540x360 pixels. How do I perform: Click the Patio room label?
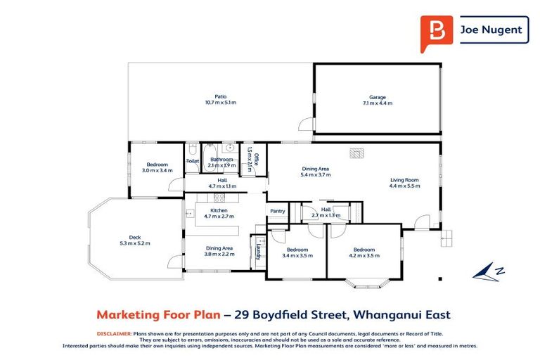coord(220,97)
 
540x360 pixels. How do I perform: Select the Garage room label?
coord(378,97)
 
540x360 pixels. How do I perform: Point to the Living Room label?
coord(405,180)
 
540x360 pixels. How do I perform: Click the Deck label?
coord(134,237)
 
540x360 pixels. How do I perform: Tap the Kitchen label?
coord(219,210)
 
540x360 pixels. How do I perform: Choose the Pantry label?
coord(277,211)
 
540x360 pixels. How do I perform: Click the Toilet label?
coord(193,161)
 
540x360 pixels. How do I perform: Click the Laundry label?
coord(259,251)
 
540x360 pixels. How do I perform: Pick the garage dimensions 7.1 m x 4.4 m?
coord(378,103)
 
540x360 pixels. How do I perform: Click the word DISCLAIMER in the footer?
coord(113,333)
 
